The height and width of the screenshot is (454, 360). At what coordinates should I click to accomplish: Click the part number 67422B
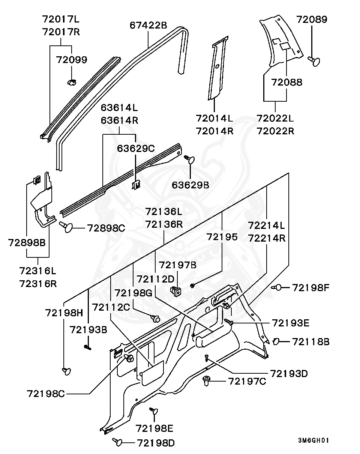point(148,26)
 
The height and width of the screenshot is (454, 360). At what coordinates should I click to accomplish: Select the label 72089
point(312,20)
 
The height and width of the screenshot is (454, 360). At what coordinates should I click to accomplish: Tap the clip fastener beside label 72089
point(314,60)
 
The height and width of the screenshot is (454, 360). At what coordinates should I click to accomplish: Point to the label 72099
point(71,60)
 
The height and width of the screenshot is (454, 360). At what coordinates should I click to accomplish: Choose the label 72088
point(286,83)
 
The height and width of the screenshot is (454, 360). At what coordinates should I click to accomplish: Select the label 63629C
point(136,148)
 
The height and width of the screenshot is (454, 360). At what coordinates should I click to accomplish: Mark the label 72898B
point(27,242)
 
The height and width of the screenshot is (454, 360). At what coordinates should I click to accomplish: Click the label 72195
point(222,237)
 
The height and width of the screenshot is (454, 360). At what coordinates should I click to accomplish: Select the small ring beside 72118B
point(276,341)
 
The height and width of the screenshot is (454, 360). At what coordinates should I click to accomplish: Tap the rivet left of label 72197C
point(207,381)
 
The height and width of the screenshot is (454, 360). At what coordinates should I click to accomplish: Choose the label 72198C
point(46,394)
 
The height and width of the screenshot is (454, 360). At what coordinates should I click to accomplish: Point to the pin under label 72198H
point(66,371)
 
